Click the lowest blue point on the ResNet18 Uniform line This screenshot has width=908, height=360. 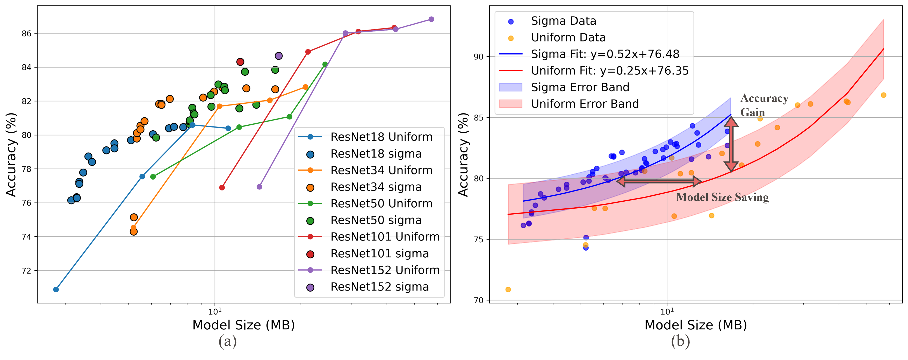point(56,289)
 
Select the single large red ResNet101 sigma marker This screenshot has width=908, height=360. point(240,62)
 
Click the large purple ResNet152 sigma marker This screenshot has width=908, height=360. point(278,56)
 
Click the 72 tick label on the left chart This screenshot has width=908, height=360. point(27,271)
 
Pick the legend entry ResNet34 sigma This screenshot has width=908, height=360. point(375,187)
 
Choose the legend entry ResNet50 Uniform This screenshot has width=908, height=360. point(381,203)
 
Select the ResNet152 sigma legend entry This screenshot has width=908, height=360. point(379,287)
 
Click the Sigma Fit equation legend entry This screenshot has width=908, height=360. point(604,54)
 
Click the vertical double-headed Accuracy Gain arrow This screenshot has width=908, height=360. point(731,145)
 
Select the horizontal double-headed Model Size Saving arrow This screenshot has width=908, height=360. point(659,181)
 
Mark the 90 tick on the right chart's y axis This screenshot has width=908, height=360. point(479,57)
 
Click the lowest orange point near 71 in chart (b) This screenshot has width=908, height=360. point(508,290)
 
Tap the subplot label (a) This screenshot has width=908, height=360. point(227,341)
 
